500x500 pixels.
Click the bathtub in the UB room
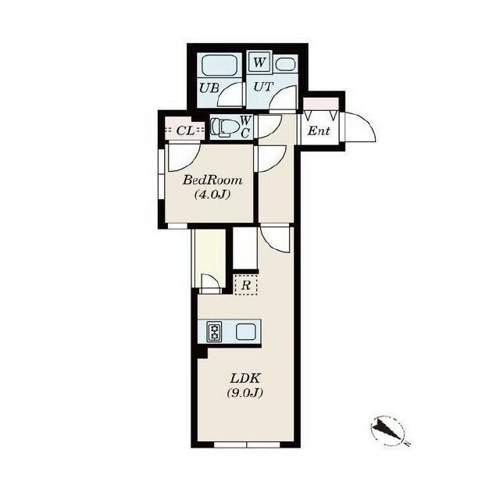(x=219, y=65)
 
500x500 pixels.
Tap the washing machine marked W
(x=259, y=61)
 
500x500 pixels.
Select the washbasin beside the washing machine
(x=285, y=64)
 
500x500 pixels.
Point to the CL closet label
(x=185, y=130)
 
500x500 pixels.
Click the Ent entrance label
(x=318, y=130)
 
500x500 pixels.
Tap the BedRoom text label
(x=212, y=180)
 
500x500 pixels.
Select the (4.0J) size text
(x=212, y=194)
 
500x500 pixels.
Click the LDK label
(x=245, y=379)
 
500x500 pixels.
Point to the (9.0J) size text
(x=245, y=393)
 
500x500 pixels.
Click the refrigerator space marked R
(x=246, y=284)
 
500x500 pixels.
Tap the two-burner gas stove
(x=214, y=332)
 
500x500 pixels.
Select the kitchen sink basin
(x=245, y=331)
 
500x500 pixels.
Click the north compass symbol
(x=388, y=430)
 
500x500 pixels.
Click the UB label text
(x=209, y=87)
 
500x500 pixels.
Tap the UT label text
(x=263, y=87)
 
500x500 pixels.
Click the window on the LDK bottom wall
(x=247, y=445)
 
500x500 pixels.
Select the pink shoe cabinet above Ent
(x=320, y=104)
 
